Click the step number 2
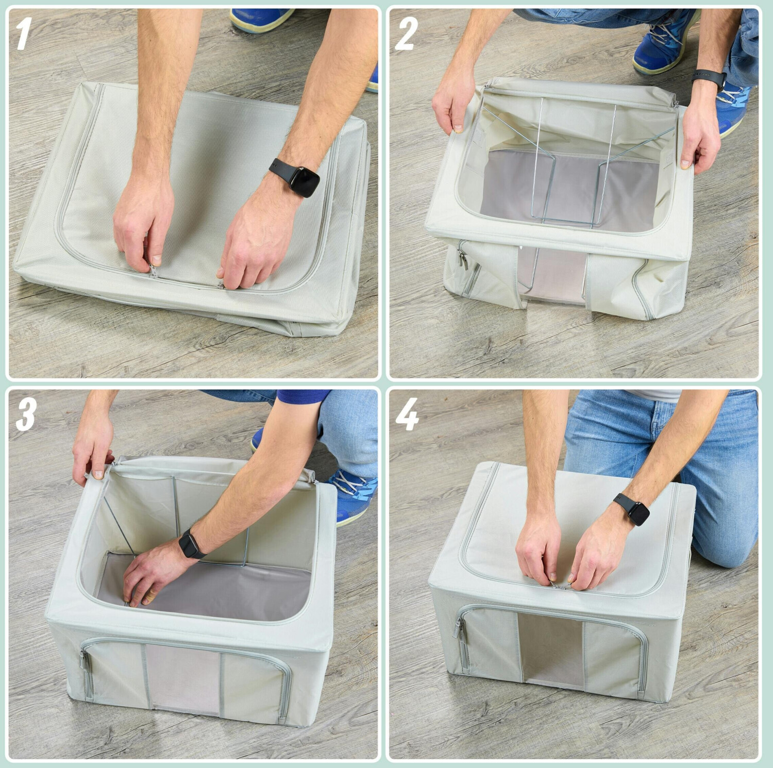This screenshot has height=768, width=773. pyautogui.click(x=406, y=34)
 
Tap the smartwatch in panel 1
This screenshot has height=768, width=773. pyautogui.click(x=296, y=177)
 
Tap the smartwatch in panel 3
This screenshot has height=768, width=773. pyautogui.click(x=191, y=544)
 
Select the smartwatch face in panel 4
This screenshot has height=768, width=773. pyautogui.click(x=639, y=513)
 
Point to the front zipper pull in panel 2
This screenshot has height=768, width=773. pyautogui.click(x=462, y=258)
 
